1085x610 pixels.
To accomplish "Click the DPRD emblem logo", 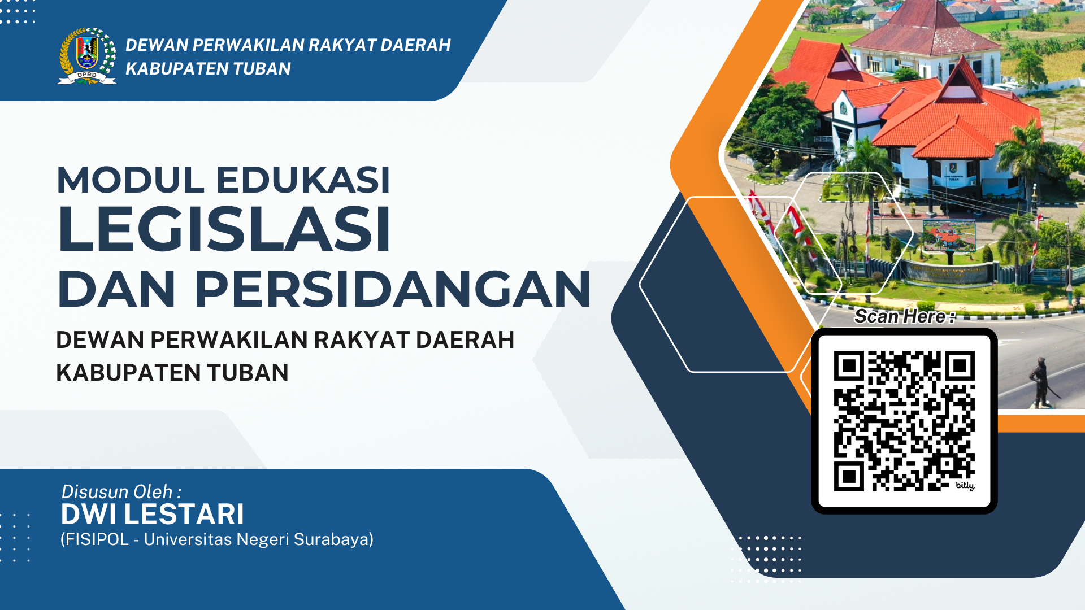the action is (x=87, y=56).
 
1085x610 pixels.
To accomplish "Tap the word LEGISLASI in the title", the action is (x=224, y=229).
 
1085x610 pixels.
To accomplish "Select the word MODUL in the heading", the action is (x=131, y=180).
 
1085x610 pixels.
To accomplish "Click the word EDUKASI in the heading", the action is (x=303, y=180).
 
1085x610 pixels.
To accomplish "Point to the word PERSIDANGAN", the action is (x=393, y=289).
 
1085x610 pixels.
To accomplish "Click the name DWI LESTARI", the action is (x=153, y=515).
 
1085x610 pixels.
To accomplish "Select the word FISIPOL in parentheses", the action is (x=97, y=539).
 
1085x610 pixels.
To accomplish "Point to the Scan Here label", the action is (x=905, y=316).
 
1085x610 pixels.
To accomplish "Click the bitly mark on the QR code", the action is (x=965, y=485).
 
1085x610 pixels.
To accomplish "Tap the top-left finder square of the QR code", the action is (x=848, y=366).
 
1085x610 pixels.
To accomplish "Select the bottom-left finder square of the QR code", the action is (x=848, y=477).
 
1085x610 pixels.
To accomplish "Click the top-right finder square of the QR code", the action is (x=960, y=366).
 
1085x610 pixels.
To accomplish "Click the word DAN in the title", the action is (x=117, y=289).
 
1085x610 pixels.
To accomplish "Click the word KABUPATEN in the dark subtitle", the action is (x=128, y=373).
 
